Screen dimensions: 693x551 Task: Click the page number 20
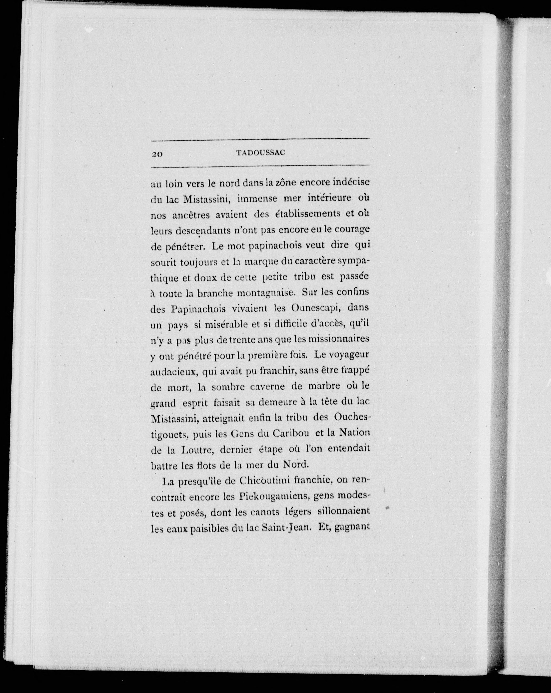(x=157, y=154)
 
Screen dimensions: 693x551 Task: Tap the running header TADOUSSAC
(x=261, y=153)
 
